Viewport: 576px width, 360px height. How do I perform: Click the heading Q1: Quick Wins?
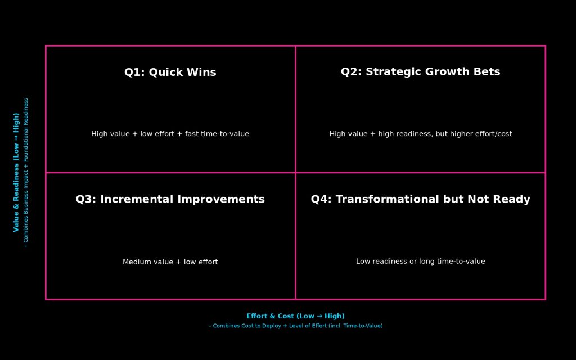(170, 73)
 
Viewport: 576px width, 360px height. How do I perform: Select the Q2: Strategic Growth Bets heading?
(421, 72)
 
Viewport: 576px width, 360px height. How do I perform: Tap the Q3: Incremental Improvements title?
(170, 199)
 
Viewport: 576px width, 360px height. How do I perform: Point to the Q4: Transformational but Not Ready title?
(421, 199)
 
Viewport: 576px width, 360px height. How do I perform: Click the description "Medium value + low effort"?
(170, 262)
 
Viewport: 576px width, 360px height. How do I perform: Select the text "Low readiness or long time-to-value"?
(421, 262)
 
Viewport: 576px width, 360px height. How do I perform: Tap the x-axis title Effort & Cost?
(295, 316)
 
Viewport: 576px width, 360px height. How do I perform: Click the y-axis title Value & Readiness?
(16, 172)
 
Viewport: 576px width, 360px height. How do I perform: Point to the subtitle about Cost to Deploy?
(295, 326)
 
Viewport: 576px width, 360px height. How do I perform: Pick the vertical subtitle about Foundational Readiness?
(26, 172)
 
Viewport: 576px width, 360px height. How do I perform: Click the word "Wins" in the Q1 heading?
(201, 73)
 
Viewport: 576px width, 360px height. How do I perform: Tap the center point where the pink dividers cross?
(295, 172)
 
